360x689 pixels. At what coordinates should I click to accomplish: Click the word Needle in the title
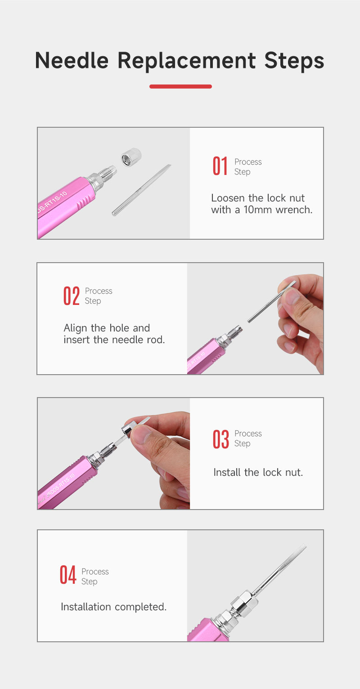pyautogui.click(x=72, y=60)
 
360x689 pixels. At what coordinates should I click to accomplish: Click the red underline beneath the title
pyautogui.click(x=180, y=86)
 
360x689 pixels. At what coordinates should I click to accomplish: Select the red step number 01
pyautogui.click(x=220, y=166)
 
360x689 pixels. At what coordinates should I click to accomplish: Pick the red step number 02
pyautogui.click(x=72, y=296)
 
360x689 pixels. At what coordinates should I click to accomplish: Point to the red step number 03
pyautogui.click(x=221, y=439)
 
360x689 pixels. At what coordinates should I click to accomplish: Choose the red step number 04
pyautogui.click(x=68, y=575)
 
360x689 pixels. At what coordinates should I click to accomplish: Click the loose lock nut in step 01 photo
pyautogui.click(x=131, y=157)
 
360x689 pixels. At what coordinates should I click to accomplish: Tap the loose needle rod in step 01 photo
pyautogui.click(x=141, y=190)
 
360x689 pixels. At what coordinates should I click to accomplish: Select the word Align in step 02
pyautogui.click(x=76, y=328)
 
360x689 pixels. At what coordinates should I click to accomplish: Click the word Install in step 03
pyautogui.click(x=227, y=472)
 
